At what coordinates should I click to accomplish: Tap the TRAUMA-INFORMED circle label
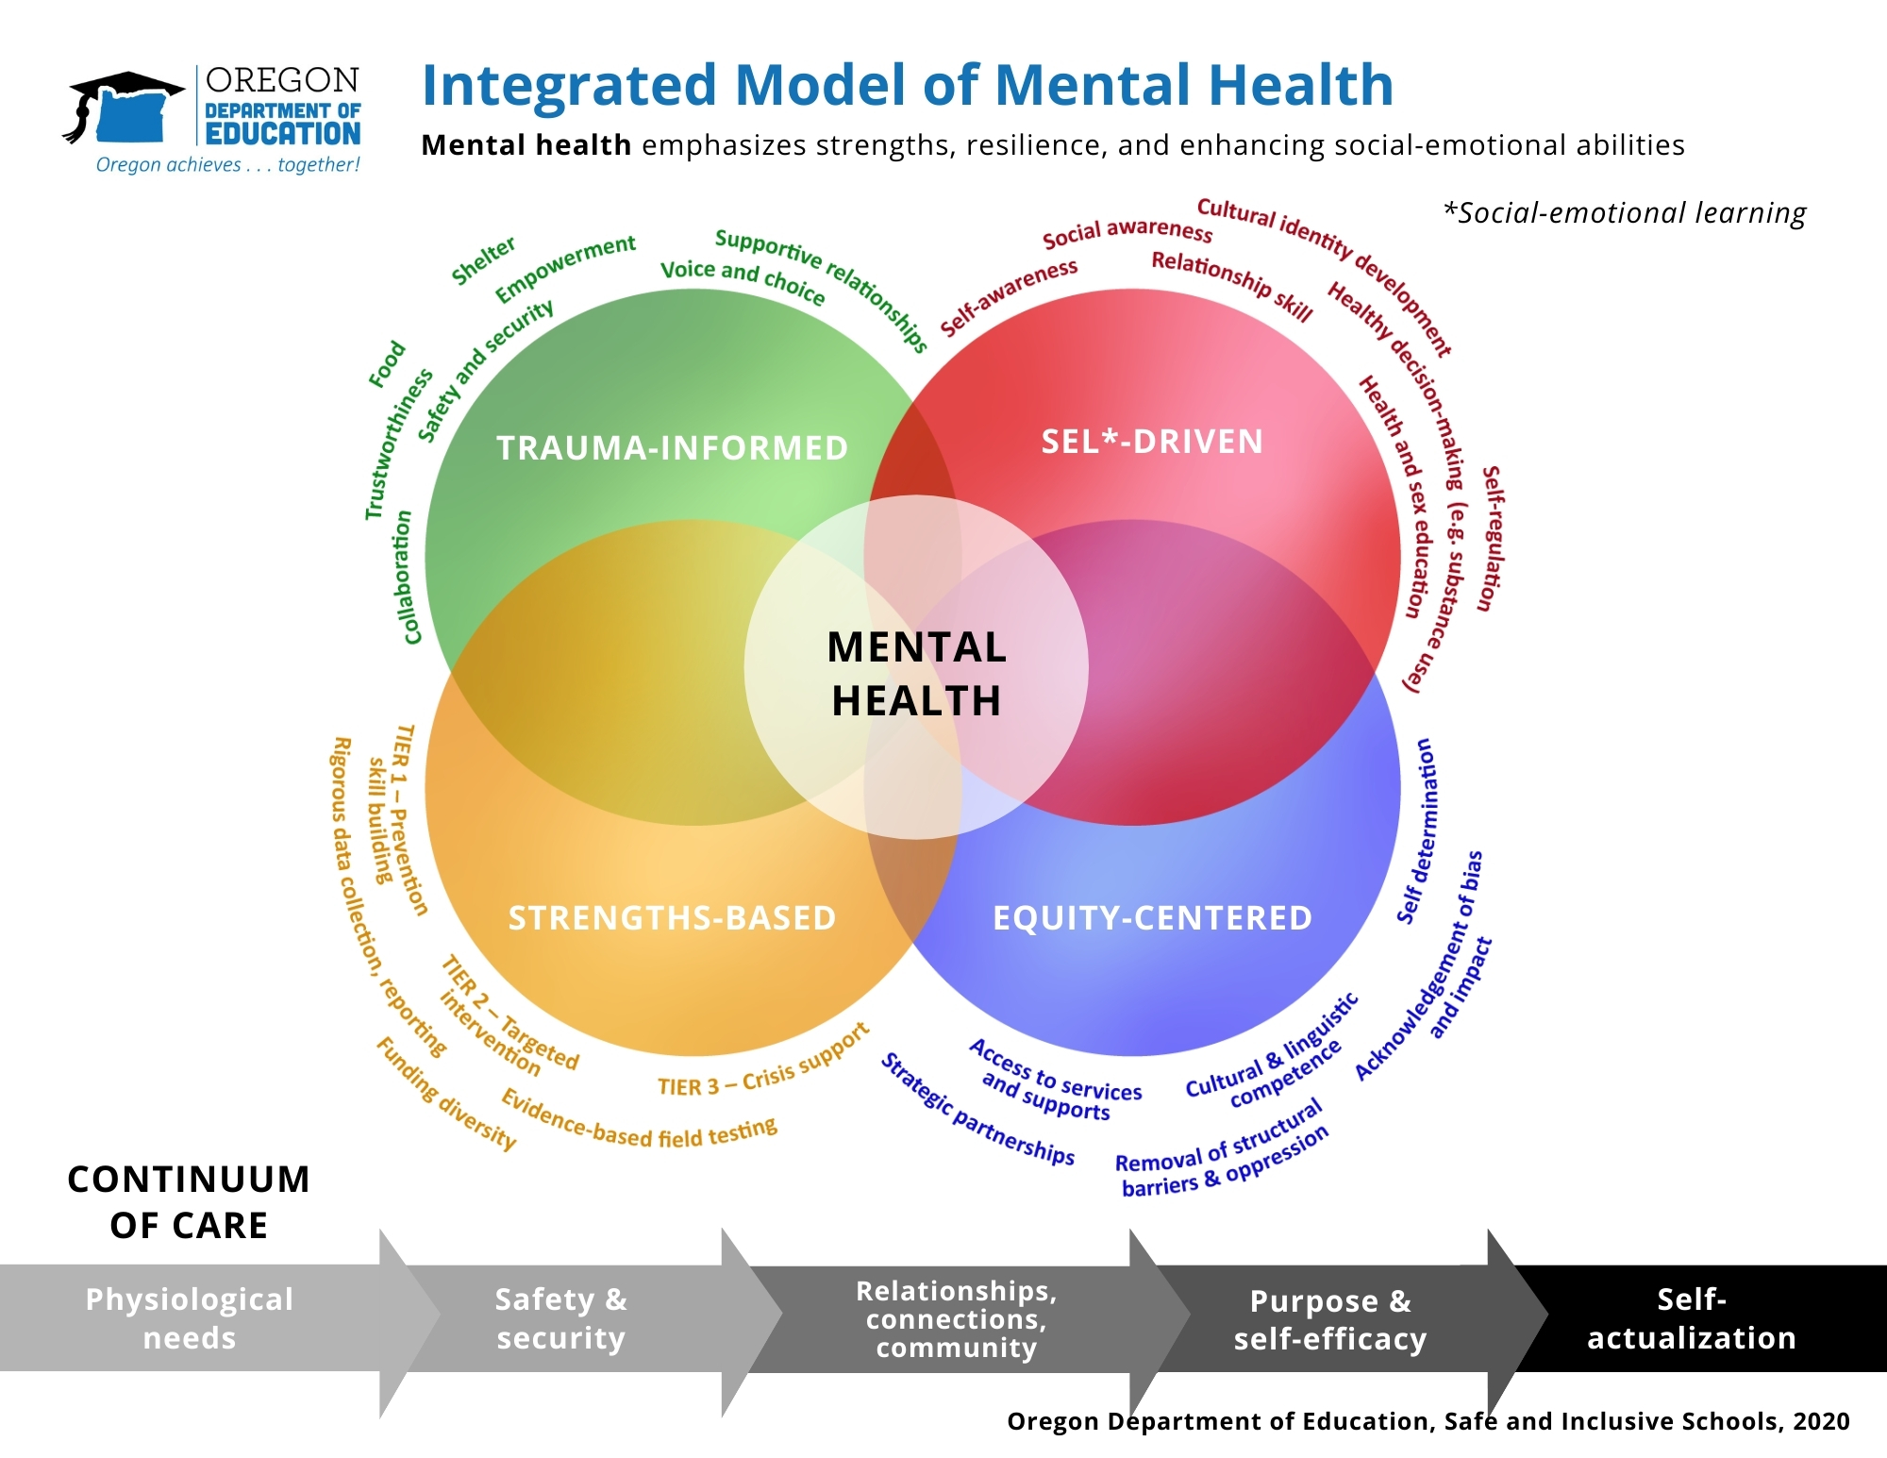(672, 448)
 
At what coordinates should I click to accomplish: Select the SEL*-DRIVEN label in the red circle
(1152, 442)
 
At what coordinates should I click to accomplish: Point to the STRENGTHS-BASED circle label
(672, 918)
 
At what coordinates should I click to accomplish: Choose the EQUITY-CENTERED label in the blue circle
(1152, 918)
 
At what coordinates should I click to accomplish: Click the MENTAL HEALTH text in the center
(916, 674)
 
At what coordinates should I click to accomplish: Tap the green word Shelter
(483, 261)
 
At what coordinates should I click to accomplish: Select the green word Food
(387, 365)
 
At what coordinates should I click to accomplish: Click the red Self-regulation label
(1493, 539)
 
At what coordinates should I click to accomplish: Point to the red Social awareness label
(1127, 231)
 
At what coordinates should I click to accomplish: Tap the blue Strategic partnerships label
(977, 1112)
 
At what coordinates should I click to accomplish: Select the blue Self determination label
(1419, 830)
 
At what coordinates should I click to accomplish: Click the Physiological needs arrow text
(190, 1318)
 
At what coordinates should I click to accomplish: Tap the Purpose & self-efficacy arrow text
(1330, 1319)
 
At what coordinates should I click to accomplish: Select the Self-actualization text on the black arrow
(1692, 1318)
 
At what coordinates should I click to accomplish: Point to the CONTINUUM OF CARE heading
(189, 1202)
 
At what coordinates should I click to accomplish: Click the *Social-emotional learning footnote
(1625, 213)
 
